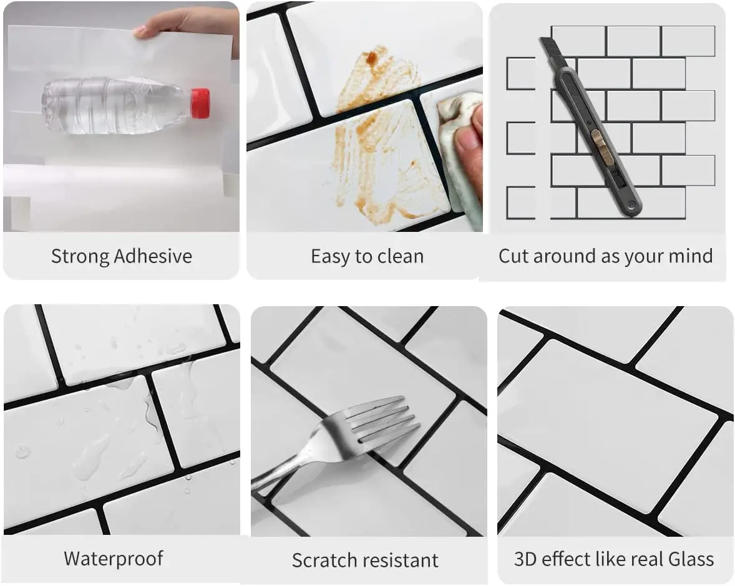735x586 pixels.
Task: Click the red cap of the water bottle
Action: (200, 103)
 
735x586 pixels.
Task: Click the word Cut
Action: (514, 256)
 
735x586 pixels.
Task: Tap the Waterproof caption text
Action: (114, 558)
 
